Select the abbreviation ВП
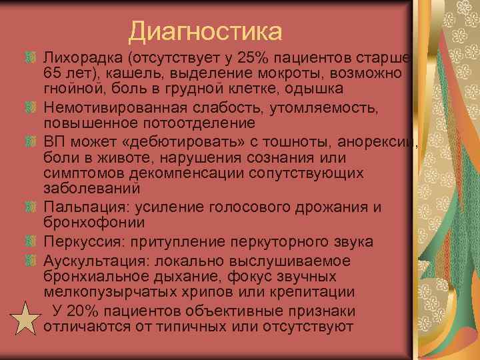tap(55, 141)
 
